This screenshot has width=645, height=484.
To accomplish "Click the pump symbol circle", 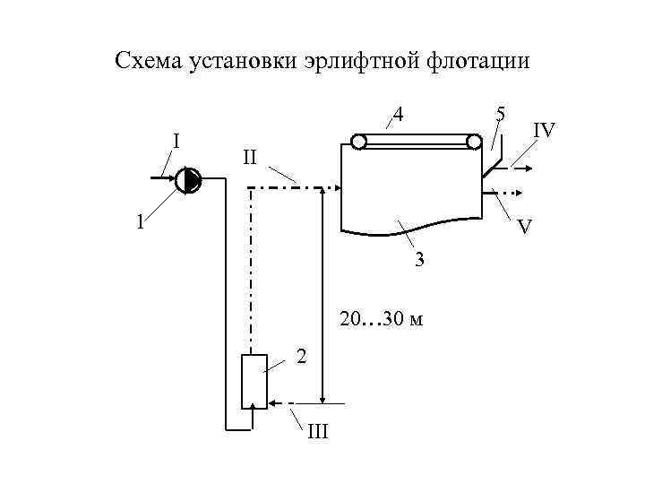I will click(189, 182).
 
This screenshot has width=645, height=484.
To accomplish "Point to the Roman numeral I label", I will click(176, 141).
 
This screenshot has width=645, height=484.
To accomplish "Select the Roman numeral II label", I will click(250, 158).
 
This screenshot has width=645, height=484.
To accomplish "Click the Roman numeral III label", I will click(318, 434).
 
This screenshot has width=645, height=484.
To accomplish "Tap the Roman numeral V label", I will click(526, 229).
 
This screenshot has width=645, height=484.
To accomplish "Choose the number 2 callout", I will click(302, 357).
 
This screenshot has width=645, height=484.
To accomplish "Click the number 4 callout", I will click(399, 116).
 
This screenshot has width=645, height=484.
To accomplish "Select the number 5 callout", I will click(501, 114).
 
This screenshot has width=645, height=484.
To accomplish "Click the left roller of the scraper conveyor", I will click(359, 142).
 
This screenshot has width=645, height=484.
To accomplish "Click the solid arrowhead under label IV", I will click(532, 167).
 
